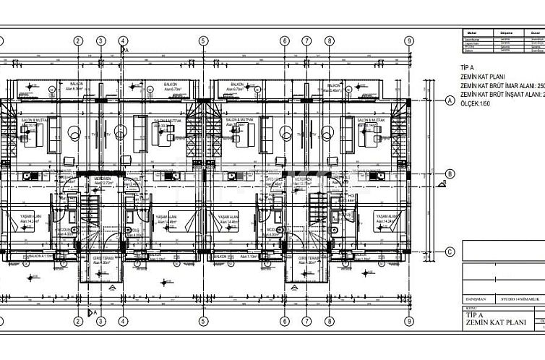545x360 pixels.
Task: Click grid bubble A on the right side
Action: [449, 100]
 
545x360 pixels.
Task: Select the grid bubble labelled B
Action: [449, 173]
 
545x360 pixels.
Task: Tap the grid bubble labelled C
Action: [449, 252]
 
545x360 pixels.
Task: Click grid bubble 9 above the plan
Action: [409, 41]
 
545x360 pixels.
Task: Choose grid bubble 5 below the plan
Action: [205, 322]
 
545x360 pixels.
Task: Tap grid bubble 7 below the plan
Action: [307, 322]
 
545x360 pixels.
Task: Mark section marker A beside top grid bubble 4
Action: [126, 51]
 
